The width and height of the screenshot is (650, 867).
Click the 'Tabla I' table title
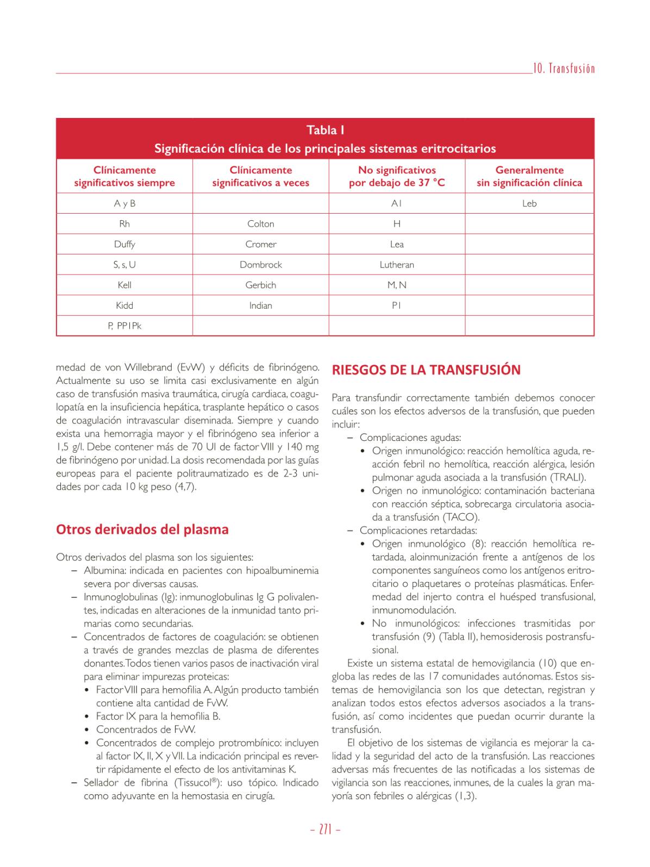325,130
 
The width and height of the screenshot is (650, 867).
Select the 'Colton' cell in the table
261,224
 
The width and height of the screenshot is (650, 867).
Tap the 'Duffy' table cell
124,245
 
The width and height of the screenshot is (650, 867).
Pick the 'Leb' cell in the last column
529,204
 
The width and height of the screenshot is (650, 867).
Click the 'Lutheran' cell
397,265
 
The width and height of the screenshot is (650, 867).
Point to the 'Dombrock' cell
261,265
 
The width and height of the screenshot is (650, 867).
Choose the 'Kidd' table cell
124,305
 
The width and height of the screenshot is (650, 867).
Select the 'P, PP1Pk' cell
124,326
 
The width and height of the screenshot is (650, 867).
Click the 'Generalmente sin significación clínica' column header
529,177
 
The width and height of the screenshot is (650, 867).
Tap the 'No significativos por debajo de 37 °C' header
397,177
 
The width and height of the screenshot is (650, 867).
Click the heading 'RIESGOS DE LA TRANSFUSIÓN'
426,370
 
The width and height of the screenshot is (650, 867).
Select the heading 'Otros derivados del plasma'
142,529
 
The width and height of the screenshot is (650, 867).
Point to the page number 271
325,829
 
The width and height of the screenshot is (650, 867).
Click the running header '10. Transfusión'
564,68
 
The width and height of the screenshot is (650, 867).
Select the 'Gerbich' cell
261,285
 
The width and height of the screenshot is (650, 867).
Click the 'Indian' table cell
261,305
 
